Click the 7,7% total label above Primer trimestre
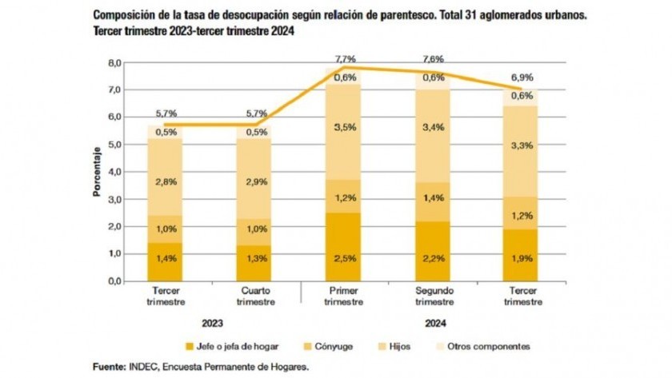(346, 60)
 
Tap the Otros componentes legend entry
(489, 346)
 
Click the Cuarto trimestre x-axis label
(258, 296)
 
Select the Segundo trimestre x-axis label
(435, 296)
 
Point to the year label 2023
(213, 324)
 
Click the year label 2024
(435, 324)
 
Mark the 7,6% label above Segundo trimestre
(434, 60)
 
